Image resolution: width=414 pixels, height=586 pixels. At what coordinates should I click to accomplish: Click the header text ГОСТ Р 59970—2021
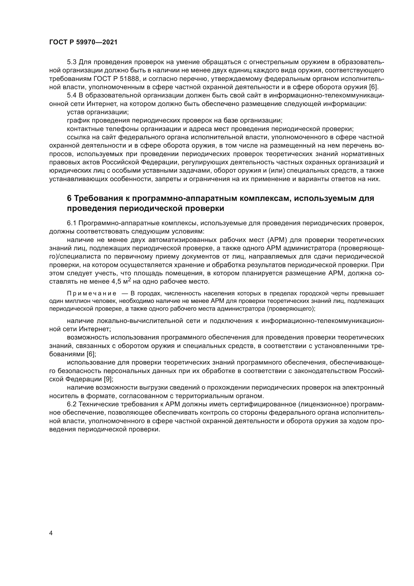pos(83,42)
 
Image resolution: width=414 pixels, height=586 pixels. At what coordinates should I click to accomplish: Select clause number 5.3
pos(72,62)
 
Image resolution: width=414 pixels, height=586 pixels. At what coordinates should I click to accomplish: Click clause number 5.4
pos(72,95)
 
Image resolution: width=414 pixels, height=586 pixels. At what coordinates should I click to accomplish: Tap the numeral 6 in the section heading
pos(69,198)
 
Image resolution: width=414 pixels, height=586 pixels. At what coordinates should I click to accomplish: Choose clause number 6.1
pos(72,223)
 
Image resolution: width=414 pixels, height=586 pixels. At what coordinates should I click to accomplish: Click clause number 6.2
pos(72,404)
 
